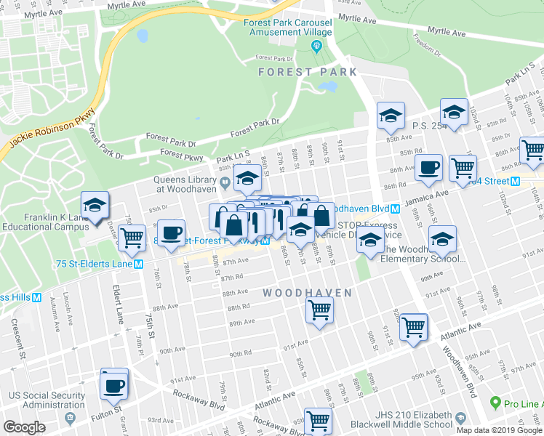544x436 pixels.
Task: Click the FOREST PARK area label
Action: click(308, 72)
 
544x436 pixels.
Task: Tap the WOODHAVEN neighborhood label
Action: click(307, 293)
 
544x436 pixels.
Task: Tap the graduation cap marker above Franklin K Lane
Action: click(95, 206)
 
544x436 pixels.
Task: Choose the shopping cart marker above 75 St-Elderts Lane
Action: click(132, 238)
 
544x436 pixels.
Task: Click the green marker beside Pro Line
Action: click(495, 403)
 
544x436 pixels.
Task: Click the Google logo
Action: click(24, 427)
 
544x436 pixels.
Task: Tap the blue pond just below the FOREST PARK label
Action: click(328, 86)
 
